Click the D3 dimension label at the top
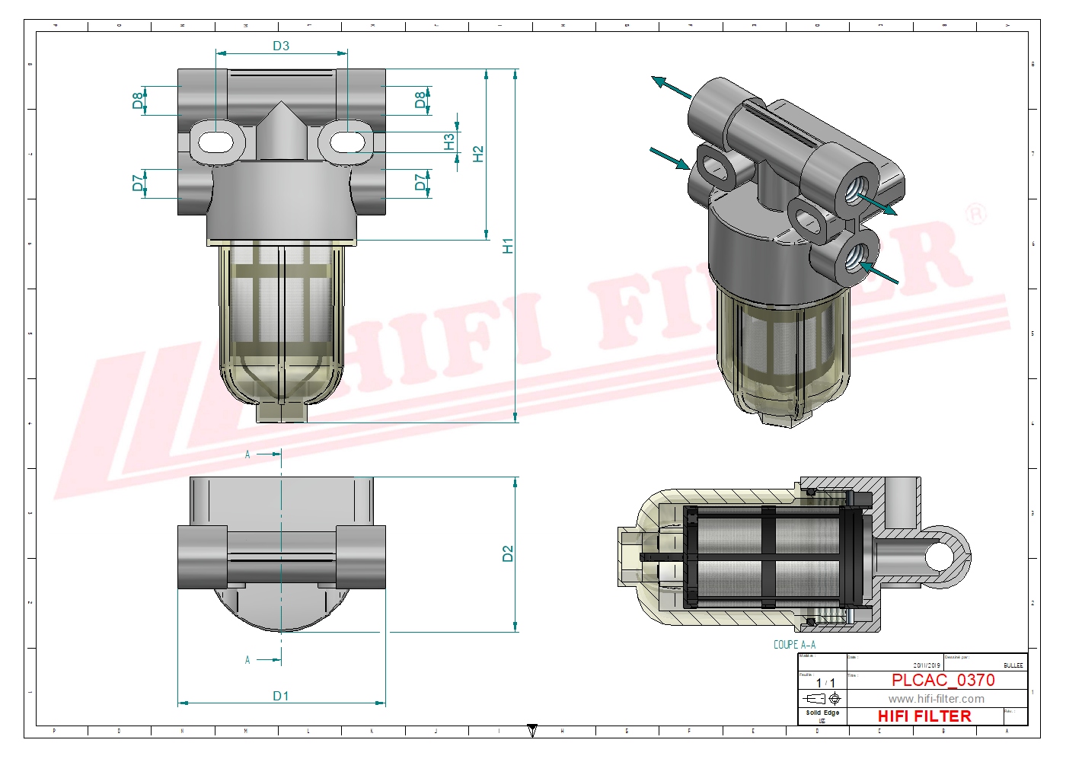click(x=281, y=46)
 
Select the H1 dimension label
click(x=508, y=245)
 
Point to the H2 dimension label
click(x=478, y=154)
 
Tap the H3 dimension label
click(x=449, y=142)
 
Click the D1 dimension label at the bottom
click(x=281, y=696)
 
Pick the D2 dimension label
click(x=508, y=553)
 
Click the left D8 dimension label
click(x=138, y=100)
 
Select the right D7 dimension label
click(x=420, y=182)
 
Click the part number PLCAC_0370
click(x=943, y=680)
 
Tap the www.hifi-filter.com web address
click(x=936, y=699)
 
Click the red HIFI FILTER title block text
click(x=924, y=716)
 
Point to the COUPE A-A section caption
click(x=794, y=645)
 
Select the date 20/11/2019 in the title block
click(x=927, y=665)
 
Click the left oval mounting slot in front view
click(x=216, y=142)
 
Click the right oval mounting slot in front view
click(x=346, y=142)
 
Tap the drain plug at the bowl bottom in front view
click(x=281, y=412)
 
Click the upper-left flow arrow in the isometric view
click(x=671, y=88)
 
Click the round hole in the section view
click(x=941, y=556)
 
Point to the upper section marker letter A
click(x=247, y=454)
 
